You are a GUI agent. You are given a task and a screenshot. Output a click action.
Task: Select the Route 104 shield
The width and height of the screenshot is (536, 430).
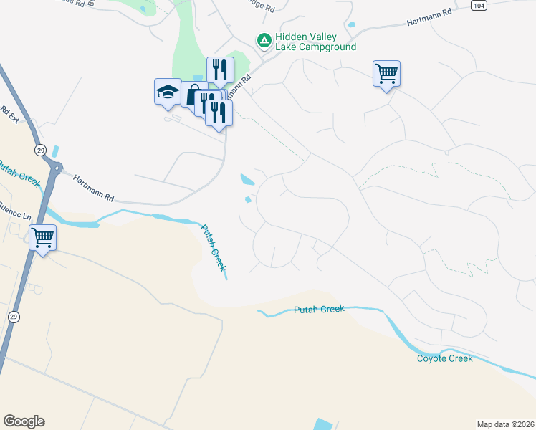[479, 5]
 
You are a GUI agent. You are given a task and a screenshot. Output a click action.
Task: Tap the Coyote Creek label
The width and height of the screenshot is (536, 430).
[444, 358]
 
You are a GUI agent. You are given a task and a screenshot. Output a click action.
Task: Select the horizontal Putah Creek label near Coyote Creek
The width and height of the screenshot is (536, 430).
[319, 310]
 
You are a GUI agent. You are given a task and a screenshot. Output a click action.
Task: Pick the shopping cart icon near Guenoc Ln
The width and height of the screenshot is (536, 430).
[42, 236]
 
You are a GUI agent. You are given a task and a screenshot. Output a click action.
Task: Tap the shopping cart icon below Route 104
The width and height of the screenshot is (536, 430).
[386, 73]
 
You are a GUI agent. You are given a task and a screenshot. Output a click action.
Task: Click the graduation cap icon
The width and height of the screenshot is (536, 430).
[168, 91]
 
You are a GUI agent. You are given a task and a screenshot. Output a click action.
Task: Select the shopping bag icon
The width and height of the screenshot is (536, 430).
[193, 95]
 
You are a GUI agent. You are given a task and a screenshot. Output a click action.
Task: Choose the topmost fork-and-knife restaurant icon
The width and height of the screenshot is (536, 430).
[220, 70]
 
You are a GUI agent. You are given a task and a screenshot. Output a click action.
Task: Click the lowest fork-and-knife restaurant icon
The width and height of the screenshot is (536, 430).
[219, 112]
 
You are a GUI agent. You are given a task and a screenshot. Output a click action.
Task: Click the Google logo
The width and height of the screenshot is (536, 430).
[24, 421]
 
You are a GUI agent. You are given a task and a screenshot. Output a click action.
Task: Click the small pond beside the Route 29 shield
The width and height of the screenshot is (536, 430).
[56, 152]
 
